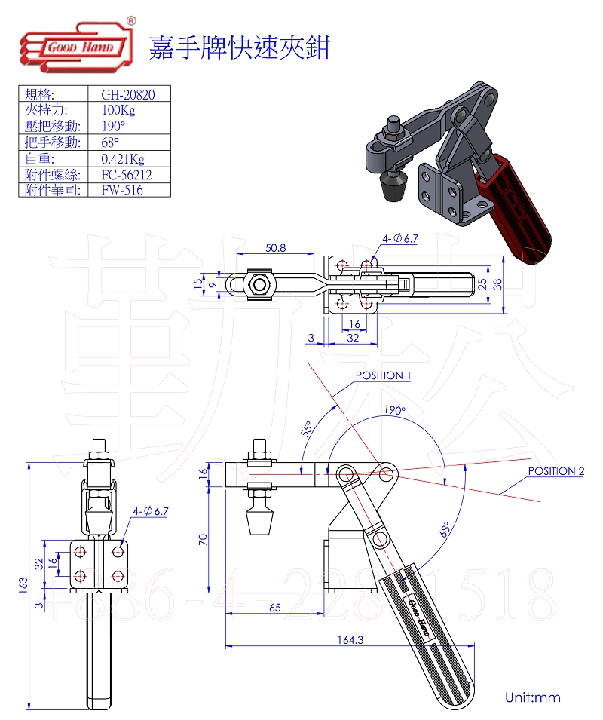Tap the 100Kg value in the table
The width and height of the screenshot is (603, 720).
pyautogui.click(x=118, y=110)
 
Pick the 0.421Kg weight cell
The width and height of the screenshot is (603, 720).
pyautogui.click(x=122, y=158)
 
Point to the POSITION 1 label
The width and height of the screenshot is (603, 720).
pyautogui.click(x=383, y=375)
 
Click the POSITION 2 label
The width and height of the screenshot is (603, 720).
pyautogui.click(x=556, y=471)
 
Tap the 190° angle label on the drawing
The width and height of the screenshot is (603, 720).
pyautogui.click(x=393, y=411)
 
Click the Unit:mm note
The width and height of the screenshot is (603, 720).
pyautogui.click(x=533, y=697)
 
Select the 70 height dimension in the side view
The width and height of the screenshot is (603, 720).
pyautogui.click(x=204, y=539)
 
